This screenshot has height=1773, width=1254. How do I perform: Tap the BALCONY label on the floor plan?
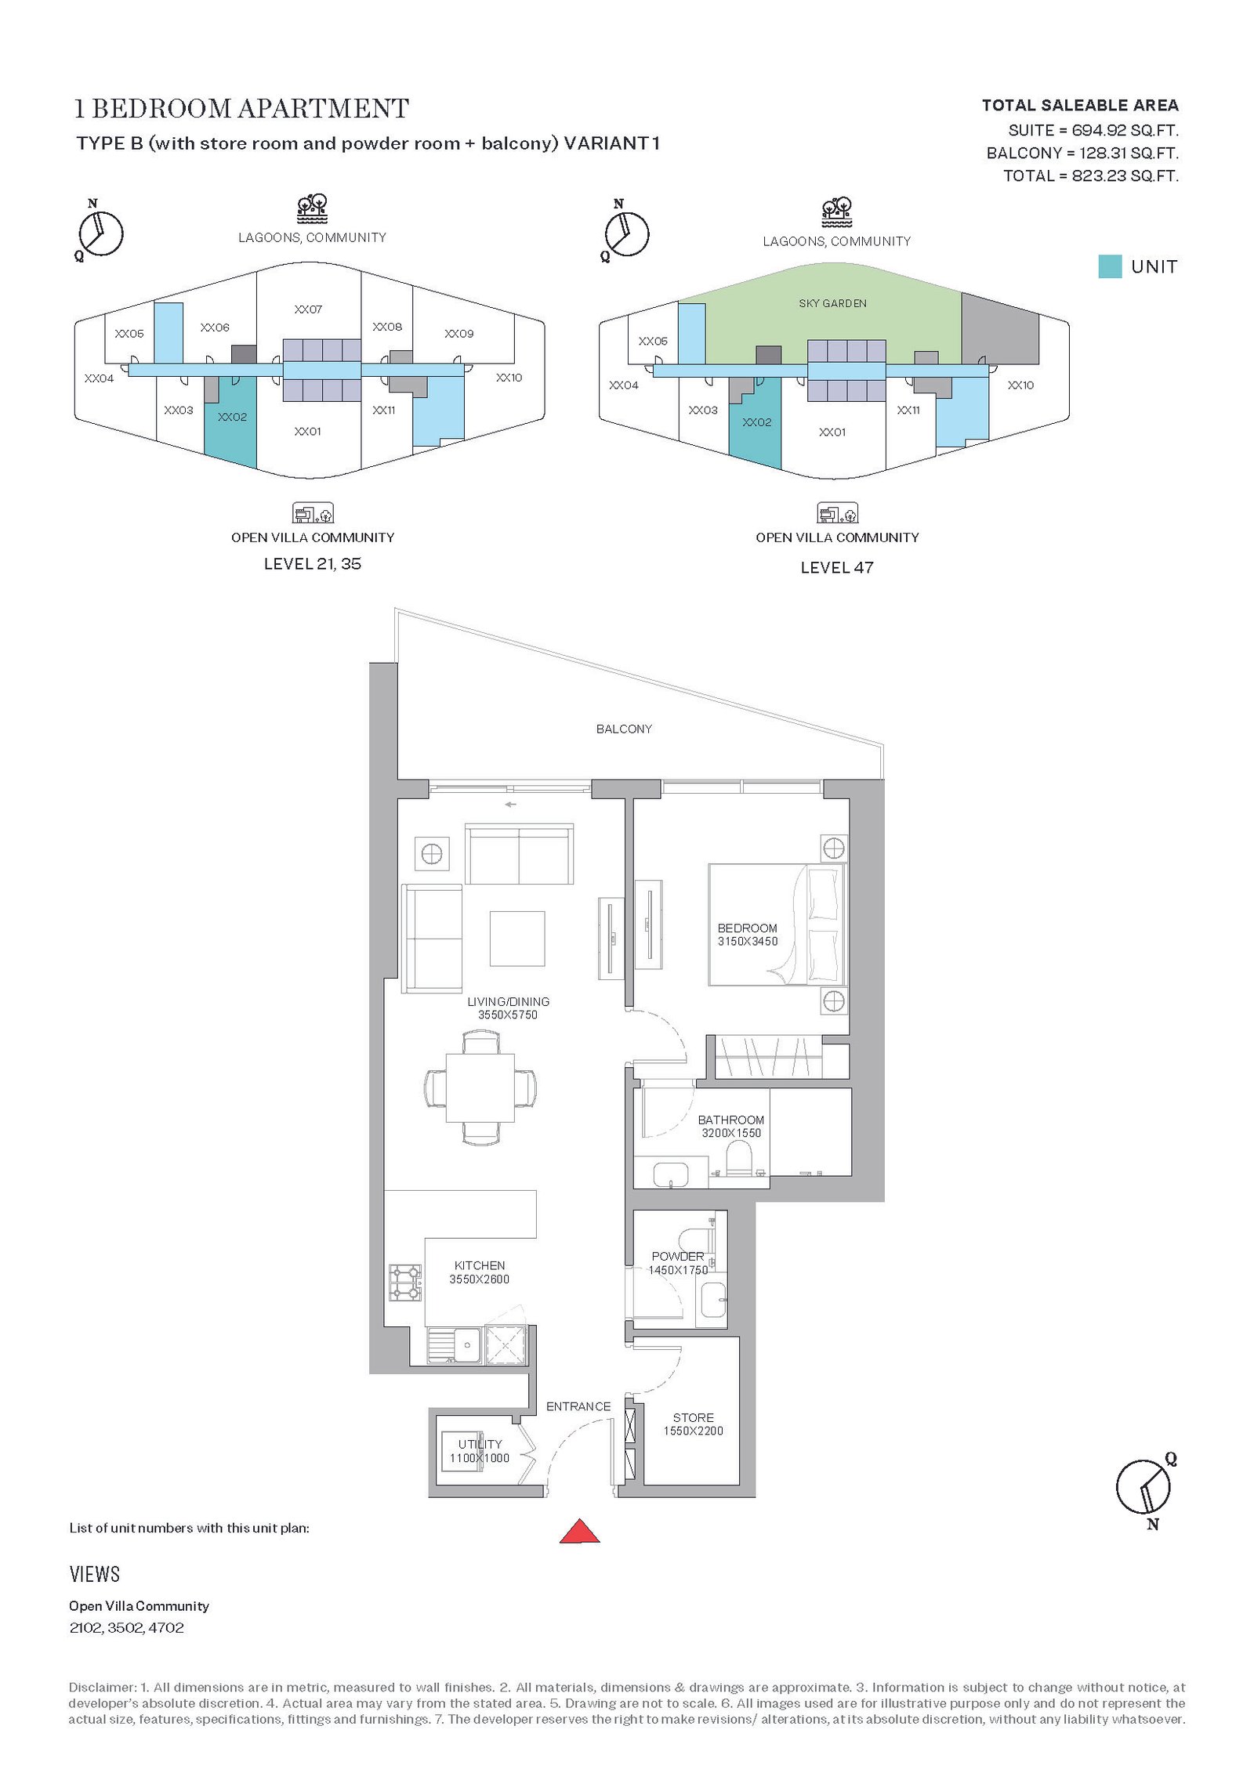pyautogui.click(x=624, y=729)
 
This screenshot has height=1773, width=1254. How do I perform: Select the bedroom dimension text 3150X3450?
pyautogui.click(x=748, y=941)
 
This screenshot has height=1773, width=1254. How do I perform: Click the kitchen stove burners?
pyautogui.click(x=405, y=1283)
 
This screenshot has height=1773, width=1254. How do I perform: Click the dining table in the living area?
pyautogui.click(x=480, y=1087)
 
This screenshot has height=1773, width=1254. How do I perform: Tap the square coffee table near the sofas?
pyautogui.click(x=517, y=939)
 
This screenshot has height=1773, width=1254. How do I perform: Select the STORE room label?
pyautogui.click(x=694, y=1417)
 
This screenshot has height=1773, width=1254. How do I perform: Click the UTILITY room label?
pyautogui.click(x=480, y=1444)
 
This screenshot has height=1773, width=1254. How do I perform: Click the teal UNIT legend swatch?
pyautogui.click(x=1110, y=266)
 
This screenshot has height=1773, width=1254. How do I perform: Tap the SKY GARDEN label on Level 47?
pyautogui.click(x=833, y=303)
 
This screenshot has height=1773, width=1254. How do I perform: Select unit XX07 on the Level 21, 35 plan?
pyautogui.click(x=308, y=309)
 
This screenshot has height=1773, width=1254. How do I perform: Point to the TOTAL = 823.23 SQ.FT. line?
pyautogui.click(x=1091, y=175)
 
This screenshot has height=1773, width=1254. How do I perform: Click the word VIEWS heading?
pyautogui.click(x=95, y=1574)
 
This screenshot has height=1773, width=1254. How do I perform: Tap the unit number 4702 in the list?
pyautogui.click(x=166, y=1627)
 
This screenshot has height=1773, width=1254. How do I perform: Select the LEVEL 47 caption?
pyautogui.click(x=837, y=567)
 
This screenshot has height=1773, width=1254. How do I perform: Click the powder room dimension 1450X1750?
pyautogui.click(x=678, y=1270)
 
